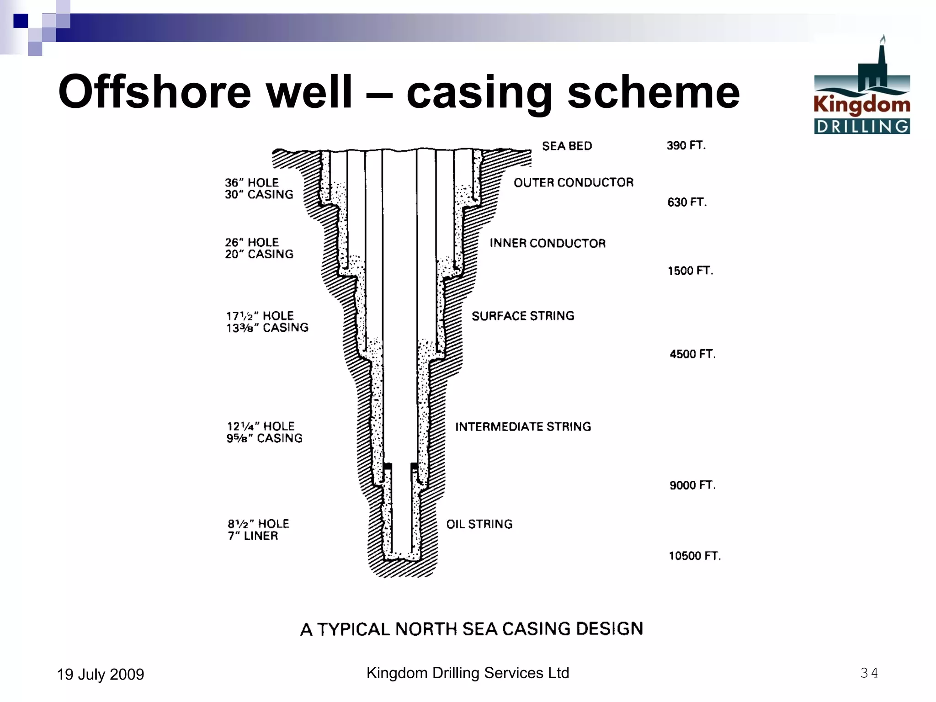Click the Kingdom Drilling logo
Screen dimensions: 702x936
pyautogui.click(x=862, y=87)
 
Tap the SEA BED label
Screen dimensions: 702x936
pyautogui.click(x=567, y=146)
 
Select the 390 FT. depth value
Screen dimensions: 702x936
pyautogui.click(x=686, y=146)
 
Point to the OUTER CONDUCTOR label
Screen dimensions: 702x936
pyautogui.click(x=574, y=183)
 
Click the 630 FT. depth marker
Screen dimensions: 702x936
pyautogui.click(x=687, y=202)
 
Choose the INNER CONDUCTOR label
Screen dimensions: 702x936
pyautogui.click(x=548, y=243)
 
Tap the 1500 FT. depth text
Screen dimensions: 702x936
pyautogui.click(x=690, y=271)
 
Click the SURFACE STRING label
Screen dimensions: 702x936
pyautogui.click(x=523, y=316)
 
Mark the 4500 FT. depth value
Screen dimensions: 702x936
pyautogui.click(x=692, y=354)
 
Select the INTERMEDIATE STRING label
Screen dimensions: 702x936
pyautogui.click(x=523, y=427)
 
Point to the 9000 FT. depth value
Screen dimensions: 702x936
pyautogui.click(x=692, y=485)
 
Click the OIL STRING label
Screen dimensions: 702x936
pyautogui.click(x=479, y=524)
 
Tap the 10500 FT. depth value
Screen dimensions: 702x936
pyautogui.click(x=695, y=556)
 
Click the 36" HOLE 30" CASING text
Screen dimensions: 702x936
pyautogui.click(x=259, y=189)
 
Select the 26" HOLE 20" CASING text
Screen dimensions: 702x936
pyautogui.click(x=259, y=248)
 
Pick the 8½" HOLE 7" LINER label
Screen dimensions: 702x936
pyautogui.click(x=258, y=530)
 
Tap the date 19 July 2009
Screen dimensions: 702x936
pyautogui.click(x=101, y=675)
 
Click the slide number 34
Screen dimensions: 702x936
pyautogui.click(x=869, y=673)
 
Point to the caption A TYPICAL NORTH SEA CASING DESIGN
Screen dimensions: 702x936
pyautogui.click(x=472, y=629)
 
